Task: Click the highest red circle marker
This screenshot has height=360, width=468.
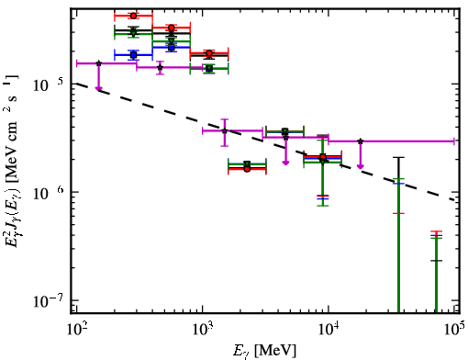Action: (133, 16)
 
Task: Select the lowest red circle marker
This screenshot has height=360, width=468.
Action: (247, 169)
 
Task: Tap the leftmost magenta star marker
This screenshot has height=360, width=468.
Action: (98, 63)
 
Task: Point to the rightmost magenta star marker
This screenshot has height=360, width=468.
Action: (361, 141)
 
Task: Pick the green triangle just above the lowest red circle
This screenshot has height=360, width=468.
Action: (247, 164)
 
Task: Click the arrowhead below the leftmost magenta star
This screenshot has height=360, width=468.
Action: (98, 88)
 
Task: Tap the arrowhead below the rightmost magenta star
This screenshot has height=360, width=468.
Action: (361, 166)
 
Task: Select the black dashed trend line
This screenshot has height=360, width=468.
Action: (265, 141)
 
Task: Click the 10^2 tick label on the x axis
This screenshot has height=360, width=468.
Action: (76, 330)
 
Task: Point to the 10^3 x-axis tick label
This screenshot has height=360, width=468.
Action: (203, 330)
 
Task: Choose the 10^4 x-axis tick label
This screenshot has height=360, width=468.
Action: (329, 330)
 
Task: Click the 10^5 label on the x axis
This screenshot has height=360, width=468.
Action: (454, 330)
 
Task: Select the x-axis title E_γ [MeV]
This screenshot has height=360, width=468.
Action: (264, 351)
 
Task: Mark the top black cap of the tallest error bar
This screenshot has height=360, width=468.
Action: (398, 158)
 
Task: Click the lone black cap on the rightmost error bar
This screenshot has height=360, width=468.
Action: (436, 261)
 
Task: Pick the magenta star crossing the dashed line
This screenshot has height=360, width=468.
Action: (225, 131)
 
